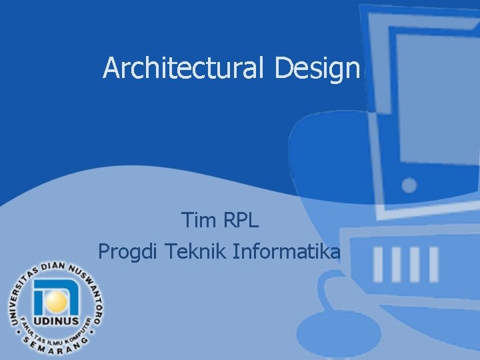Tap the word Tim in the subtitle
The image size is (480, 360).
point(195,219)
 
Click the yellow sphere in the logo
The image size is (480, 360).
point(57,302)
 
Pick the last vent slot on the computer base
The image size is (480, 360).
point(434,263)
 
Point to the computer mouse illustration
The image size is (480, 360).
point(347,307)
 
